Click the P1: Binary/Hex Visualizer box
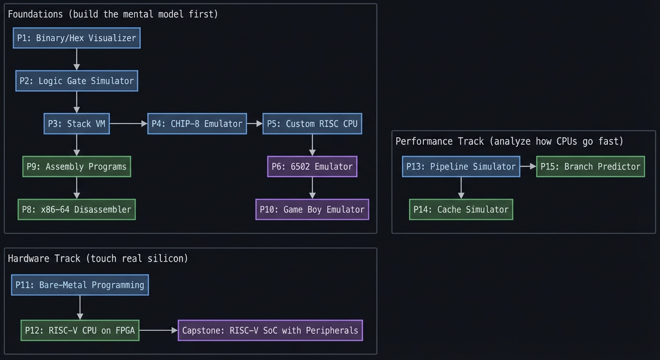[x=76, y=38]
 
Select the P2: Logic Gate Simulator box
[x=76, y=81]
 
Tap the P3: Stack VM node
[x=76, y=124]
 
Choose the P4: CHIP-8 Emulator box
[x=197, y=124]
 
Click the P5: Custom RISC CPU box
[x=312, y=124]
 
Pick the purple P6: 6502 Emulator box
[x=312, y=166]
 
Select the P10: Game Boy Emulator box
[x=312, y=210]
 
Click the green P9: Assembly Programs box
[x=76, y=166]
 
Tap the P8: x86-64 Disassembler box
[x=76, y=210]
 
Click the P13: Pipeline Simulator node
[x=461, y=166]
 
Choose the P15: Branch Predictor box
[x=590, y=166]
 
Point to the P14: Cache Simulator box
[x=461, y=210]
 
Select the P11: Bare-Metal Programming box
[x=80, y=285]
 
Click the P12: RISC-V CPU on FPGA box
[x=80, y=330]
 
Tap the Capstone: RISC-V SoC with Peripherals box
[x=270, y=330]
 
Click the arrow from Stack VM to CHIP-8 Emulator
[x=128, y=124]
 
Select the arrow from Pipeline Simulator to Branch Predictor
[x=528, y=166]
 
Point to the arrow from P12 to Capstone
[x=158, y=330]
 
